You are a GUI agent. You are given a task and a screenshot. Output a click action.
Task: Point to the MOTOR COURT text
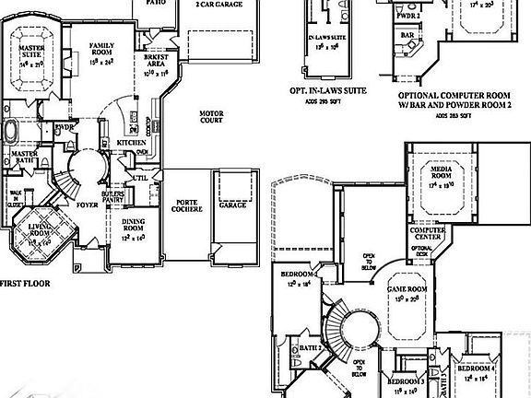click(x=213, y=119)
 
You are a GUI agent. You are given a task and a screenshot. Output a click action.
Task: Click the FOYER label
click(x=88, y=205)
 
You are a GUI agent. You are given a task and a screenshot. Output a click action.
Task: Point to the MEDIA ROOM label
click(x=441, y=172)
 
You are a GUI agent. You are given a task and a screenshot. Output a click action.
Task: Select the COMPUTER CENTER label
click(x=429, y=233)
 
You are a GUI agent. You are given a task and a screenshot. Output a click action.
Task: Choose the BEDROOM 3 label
click(x=406, y=380)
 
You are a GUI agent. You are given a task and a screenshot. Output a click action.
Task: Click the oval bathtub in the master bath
click(x=14, y=131)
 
